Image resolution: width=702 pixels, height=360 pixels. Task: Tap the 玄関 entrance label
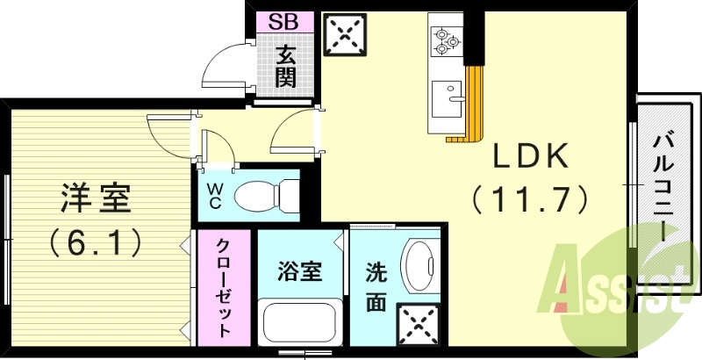pyautogui.click(x=284, y=66)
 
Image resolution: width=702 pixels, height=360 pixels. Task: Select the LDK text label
pyautogui.click(x=530, y=159)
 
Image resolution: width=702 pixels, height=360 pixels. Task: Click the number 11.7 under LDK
pyautogui.click(x=530, y=201)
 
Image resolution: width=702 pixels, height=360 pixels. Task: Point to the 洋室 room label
pyautogui.click(x=97, y=198)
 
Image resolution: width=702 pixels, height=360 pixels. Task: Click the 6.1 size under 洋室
pyautogui.click(x=97, y=241)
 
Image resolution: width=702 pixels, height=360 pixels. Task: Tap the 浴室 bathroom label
pyautogui.click(x=300, y=271)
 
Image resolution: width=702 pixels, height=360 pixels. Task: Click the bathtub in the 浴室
pyautogui.click(x=301, y=325)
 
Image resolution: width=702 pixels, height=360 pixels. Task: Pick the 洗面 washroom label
pyautogui.click(x=375, y=287)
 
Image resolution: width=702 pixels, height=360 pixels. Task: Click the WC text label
pyautogui.click(x=214, y=195)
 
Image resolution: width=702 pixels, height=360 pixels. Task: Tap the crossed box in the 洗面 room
pyautogui.click(x=417, y=324)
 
